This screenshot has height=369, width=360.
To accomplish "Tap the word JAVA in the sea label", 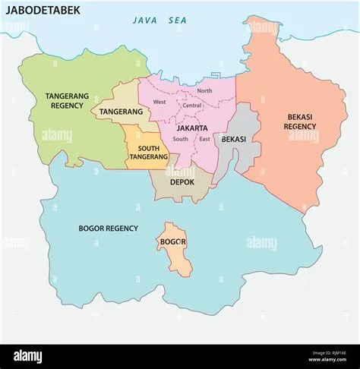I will (144, 20).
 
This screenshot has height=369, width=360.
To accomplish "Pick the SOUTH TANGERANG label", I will (148, 151).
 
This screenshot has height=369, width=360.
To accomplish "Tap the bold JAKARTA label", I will (193, 128).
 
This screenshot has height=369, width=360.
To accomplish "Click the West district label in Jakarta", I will (159, 102).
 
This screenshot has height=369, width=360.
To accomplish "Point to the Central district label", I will (192, 105).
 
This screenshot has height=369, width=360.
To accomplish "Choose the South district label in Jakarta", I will (181, 139).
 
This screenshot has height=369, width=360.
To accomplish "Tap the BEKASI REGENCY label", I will (301, 121).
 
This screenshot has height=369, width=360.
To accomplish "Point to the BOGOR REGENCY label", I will (109, 228).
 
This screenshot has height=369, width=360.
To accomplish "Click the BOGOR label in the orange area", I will (174, 242).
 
